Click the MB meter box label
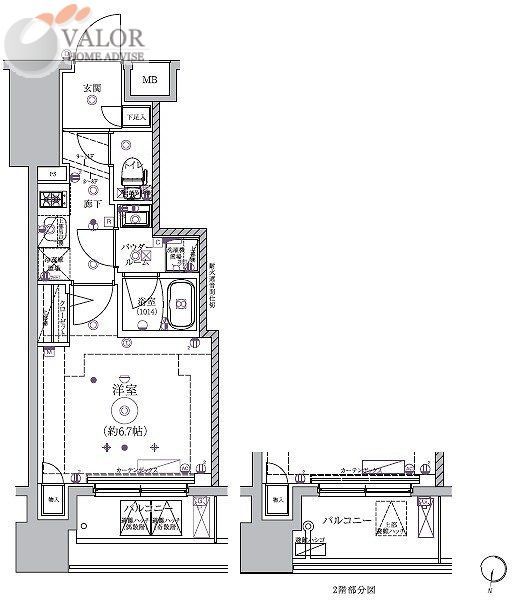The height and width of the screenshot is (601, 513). (x=148, y=80)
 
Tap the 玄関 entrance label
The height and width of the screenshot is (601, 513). (x=91, y=88)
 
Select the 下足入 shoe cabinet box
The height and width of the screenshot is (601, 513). (x=137, y=117)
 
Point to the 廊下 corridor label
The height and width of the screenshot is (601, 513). (x=92, y=203)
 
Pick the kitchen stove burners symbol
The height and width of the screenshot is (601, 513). (x=53, y=197)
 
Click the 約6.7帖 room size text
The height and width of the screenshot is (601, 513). (x=125, y=431)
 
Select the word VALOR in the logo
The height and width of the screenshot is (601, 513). (x=105, y=37)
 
